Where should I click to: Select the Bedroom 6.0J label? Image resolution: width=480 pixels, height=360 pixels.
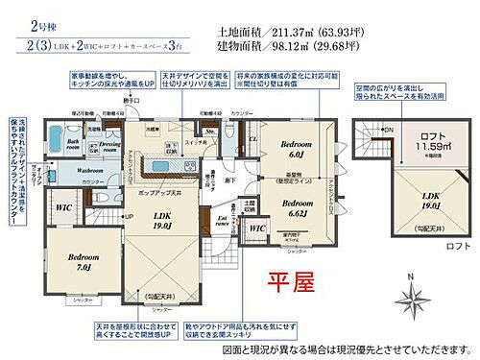[x=297, y=148]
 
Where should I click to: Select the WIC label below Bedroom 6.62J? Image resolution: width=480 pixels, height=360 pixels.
[x=256, y=230]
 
